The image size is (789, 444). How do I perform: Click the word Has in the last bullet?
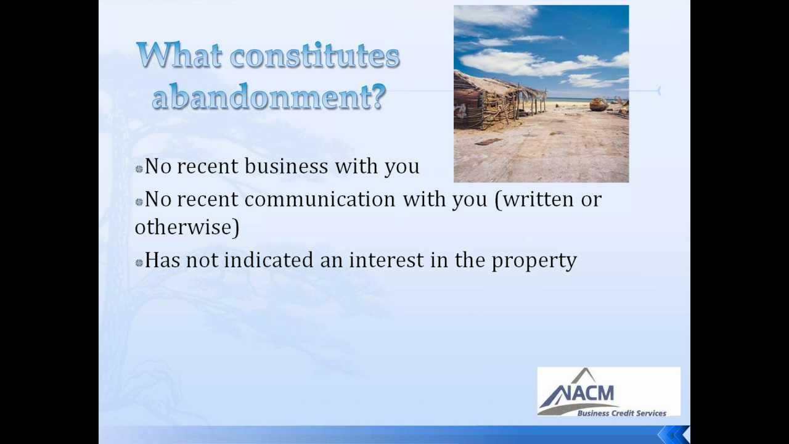161,260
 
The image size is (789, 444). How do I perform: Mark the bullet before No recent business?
139,168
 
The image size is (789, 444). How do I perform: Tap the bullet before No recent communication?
139,202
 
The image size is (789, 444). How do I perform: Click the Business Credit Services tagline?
621,413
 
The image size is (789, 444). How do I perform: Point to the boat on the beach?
599,104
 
